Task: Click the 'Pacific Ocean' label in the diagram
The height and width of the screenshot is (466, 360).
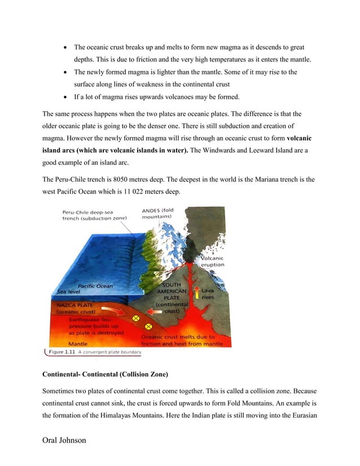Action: pyautogui.click(x=95, y=286)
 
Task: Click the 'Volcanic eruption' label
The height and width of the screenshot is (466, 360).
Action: pyautogui.click(x=212, y=261)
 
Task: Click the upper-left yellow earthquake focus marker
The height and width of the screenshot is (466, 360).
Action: pyautogui.click(x=135, y=319)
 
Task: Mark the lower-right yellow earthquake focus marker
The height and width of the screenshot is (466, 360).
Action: pyautogui.click(x=148, y=326)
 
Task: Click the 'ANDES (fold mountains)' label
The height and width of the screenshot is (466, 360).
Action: pyautogui.click(x=157, y=214)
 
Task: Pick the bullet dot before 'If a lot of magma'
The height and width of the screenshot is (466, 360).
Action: pyautogui.click(x=67, y=96)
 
